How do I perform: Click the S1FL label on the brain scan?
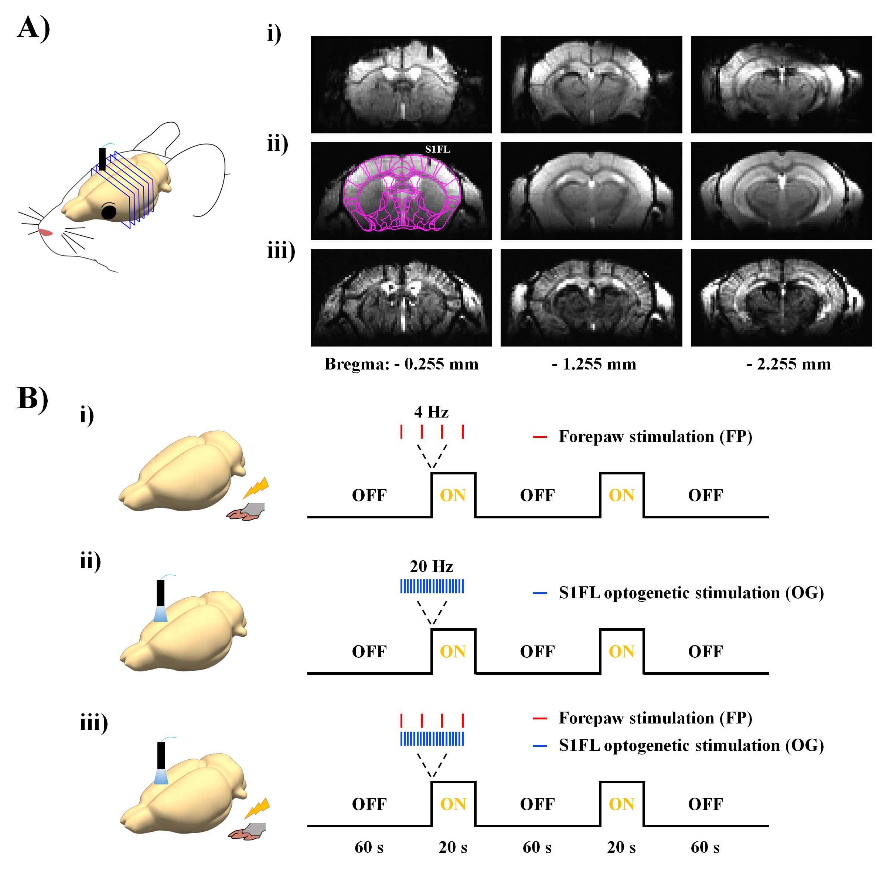tap(437, 149)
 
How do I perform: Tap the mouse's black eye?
tap(109, 211)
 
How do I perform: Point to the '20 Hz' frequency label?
tap(431, 566)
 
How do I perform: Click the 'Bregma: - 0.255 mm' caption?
tap(401, 364)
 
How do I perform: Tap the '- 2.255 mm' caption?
tap(788, 364)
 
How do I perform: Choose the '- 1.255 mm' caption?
tap(594, 364)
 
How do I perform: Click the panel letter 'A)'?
tap(34, 28)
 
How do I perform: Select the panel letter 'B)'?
tap(33, 399)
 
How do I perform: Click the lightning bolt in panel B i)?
tap(256, 488)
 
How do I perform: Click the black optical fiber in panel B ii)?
tap(160, 593)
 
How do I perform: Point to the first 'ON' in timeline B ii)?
tap(453, 652)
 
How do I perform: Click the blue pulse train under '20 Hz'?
tap(432, 586)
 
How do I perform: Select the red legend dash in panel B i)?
tap(539, 437)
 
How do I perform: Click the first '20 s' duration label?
tap(453, 847)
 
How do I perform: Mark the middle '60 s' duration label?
tap(537, 847)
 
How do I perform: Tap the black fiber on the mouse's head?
tap(102, 159)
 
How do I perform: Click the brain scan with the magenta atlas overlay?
tap(401, 191)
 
